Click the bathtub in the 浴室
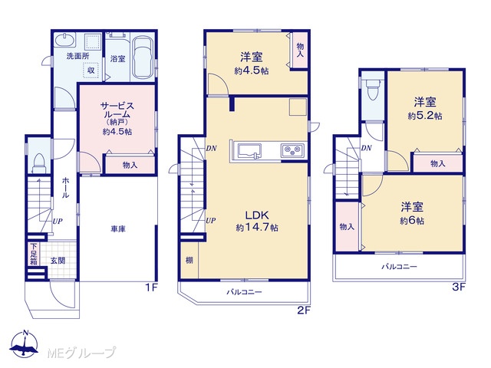(x=143, y=58)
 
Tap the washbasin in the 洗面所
(x=65, y=40)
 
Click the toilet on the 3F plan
(x=373, y=88)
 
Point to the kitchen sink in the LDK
(x=249, y=151)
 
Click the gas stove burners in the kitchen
(x=293, y=151)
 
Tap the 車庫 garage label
(x=118, y=229)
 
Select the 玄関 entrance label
(x=58, y=261)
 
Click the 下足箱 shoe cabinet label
(x=34, y=254)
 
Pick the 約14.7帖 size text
(x=257, y=228)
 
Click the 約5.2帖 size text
(x=425, y=116)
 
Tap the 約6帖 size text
(x=412, y=221)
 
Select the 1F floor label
(x=151, y=287)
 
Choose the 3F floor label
(x=459, y=287)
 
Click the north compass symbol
(x=24, y=344)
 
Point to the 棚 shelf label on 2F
(x=189, y=261)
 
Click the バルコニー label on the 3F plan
(x=399, y=267)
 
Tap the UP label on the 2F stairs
(x=211, y=221)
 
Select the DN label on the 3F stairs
(x=366, y=148)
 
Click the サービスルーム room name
(x=117, y=110)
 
